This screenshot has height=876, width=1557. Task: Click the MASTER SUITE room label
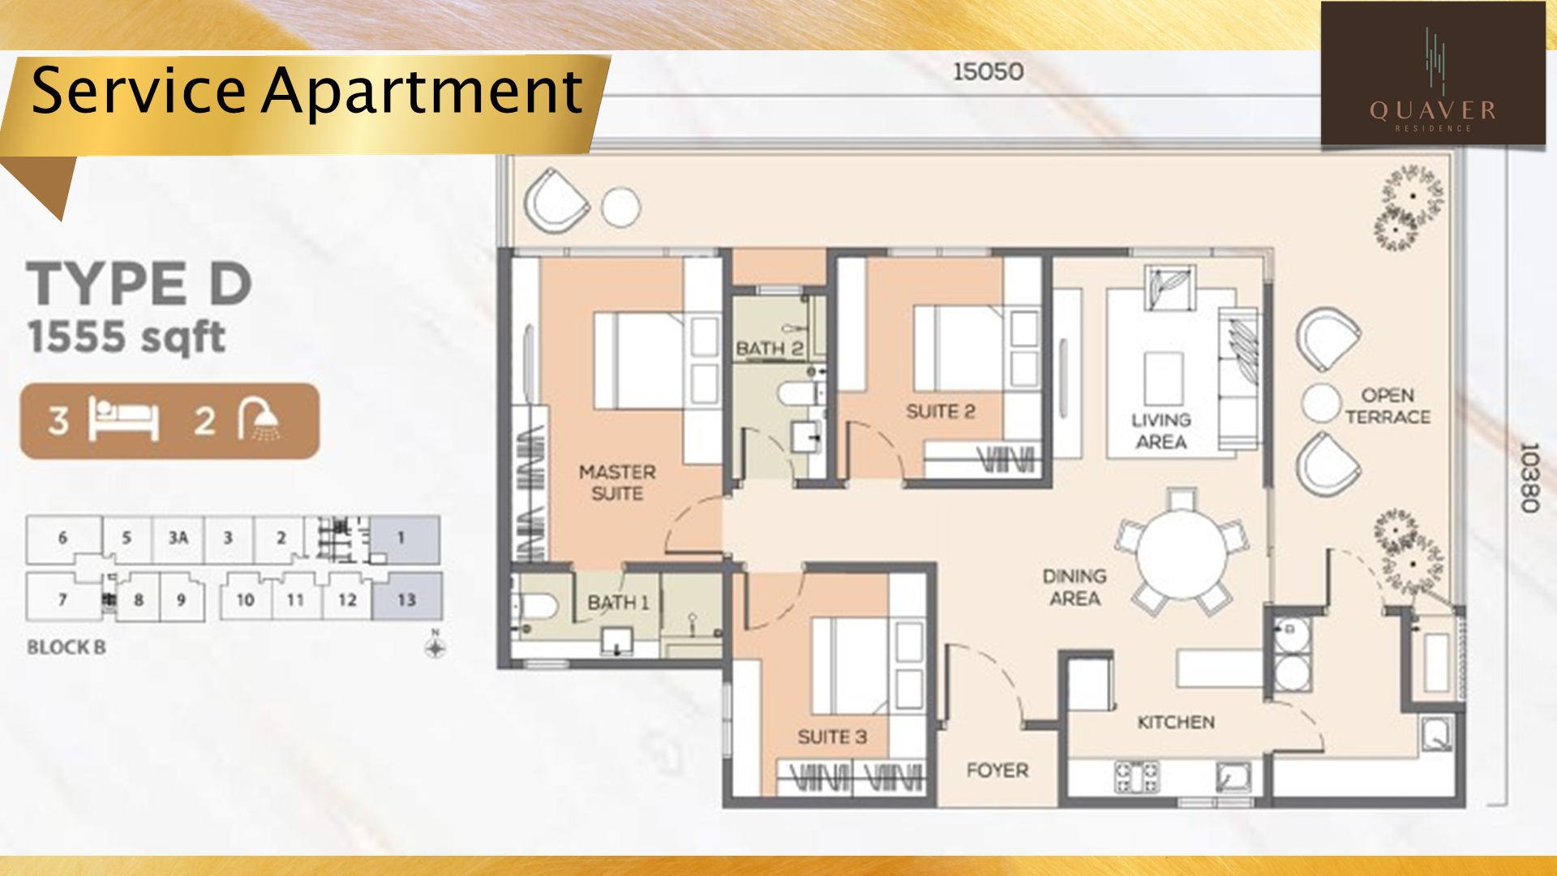coord(617,483)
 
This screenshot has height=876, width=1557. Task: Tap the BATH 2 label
coord(769,349)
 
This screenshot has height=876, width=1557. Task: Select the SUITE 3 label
coord(832,736)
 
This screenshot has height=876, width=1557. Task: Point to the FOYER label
coord(997,770)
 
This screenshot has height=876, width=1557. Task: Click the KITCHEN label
coord(1176,722)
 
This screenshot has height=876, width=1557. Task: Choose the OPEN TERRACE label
coord(1388,406)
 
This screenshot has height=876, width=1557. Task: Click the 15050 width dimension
coord(988,71)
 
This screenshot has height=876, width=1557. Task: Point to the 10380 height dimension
coord(1529,477)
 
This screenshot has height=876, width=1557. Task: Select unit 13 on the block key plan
coord(407,598)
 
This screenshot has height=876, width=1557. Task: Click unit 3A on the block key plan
coord(178,537)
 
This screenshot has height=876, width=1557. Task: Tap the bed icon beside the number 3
coord(123,419)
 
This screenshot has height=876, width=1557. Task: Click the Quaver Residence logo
coord(1433,74)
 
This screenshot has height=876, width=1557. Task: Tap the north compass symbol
coord(435,646)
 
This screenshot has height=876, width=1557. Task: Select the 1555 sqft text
coord(126,337)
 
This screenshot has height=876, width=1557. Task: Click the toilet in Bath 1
coord(537,605)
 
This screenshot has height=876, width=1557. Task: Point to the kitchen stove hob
coord(1137,776)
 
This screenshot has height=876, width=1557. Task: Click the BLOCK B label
coord(66,647)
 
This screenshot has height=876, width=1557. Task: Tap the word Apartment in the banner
coord(422,92)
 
